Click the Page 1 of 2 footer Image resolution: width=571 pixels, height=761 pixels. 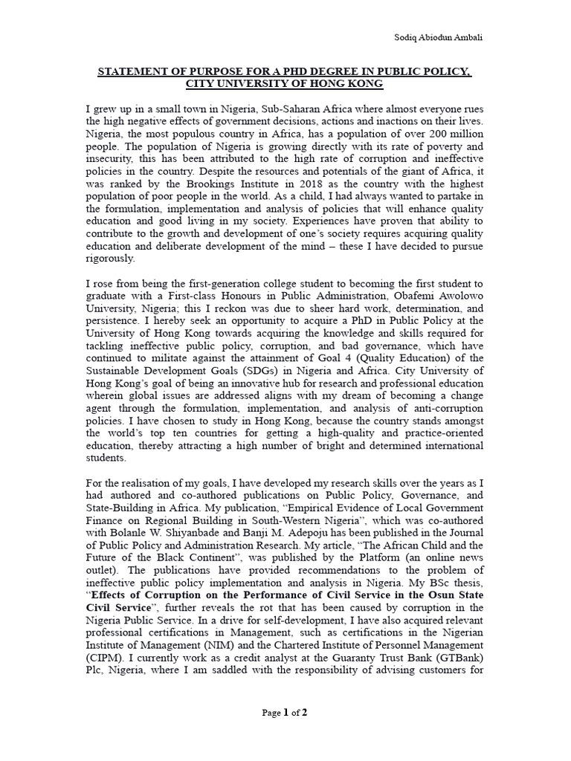tap(285, 713)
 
